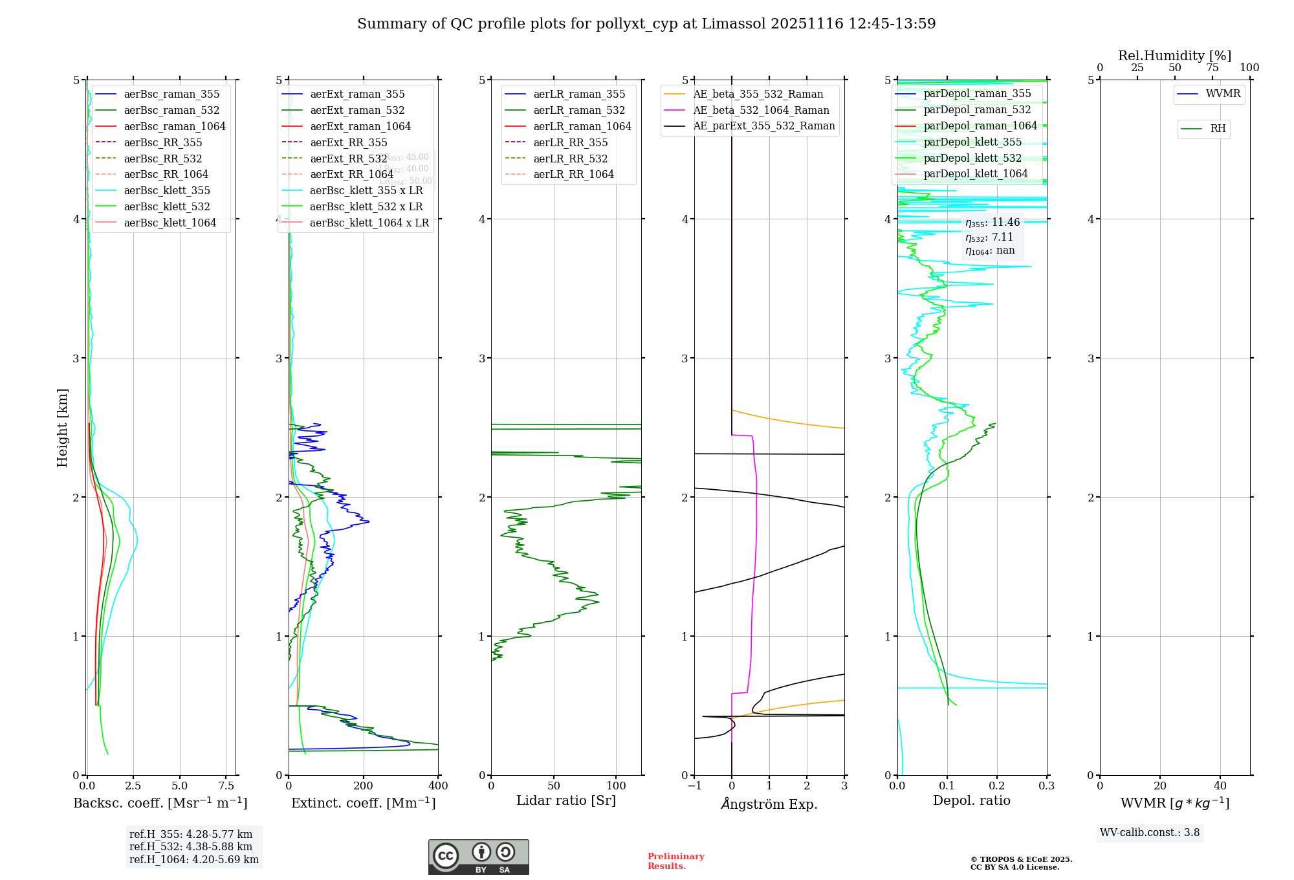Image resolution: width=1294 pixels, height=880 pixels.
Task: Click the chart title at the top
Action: tap(646, 24)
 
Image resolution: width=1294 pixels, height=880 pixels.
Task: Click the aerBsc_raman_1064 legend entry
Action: tap(175, 126)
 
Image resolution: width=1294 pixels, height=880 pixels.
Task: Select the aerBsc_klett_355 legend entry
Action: tap(167, 190)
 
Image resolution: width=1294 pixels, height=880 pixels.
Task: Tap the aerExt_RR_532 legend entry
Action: tap(348, 159)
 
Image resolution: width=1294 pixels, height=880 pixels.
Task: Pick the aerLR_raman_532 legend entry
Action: tap(579, 110)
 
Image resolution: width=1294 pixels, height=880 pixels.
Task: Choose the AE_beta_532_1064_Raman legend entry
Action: tap(761, 110)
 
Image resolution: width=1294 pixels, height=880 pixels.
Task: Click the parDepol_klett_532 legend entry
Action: tap(972, 158)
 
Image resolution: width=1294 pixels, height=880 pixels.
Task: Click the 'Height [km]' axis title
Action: tap(62, 428)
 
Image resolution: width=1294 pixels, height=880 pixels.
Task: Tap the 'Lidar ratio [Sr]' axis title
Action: tap(566, 801)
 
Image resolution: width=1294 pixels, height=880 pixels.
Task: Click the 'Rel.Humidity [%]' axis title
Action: tap(1174, 56)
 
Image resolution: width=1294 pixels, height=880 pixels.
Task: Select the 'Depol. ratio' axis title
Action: tap(971, 801)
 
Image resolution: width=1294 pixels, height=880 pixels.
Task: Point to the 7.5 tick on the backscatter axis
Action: tap(226, 786)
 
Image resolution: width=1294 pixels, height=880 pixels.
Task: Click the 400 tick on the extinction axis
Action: tap(438, 786)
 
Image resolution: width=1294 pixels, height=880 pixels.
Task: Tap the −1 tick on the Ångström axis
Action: tap(694, 786)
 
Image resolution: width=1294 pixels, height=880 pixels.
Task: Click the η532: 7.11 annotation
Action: tap(989, 237)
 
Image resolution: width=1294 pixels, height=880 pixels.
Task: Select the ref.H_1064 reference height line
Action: tap(194, 860)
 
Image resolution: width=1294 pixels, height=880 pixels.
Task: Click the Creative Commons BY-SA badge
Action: tap(479, 857)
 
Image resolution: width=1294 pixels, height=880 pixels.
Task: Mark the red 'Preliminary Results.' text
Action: tap(675, 861)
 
